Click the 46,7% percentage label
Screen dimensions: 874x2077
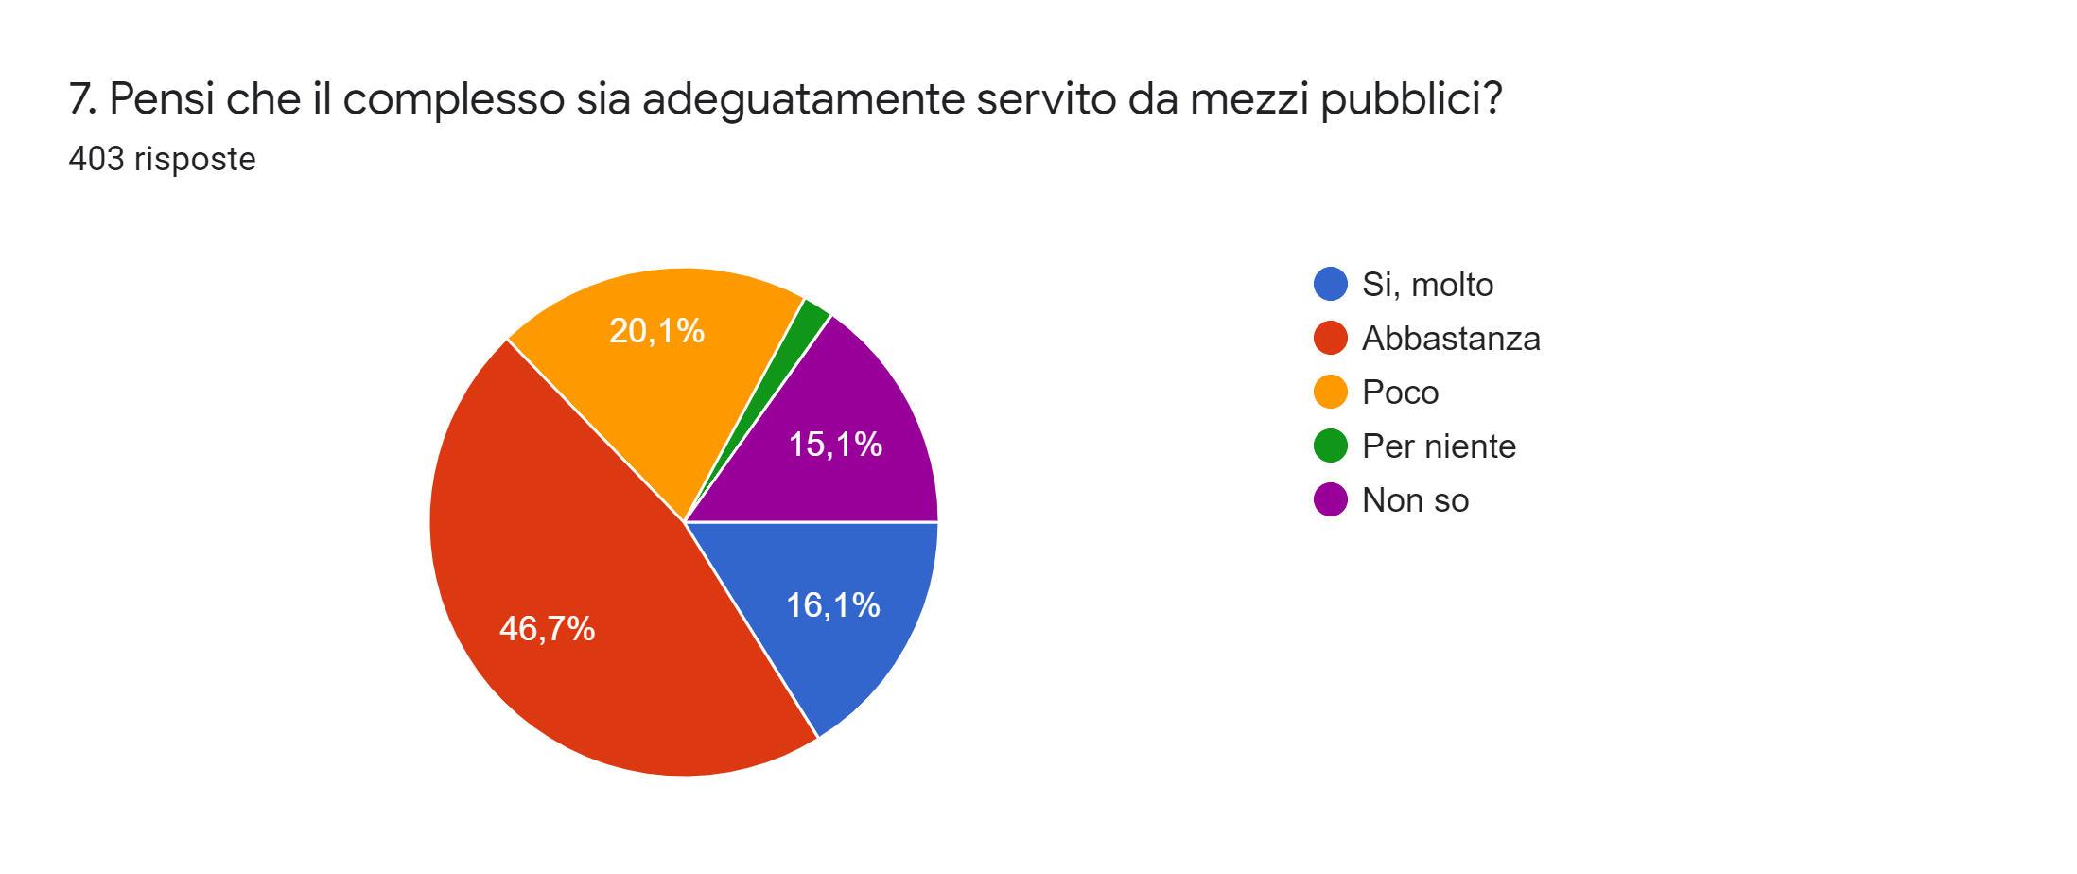(x=547, y=629)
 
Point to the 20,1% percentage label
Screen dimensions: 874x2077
(x=656, y=331)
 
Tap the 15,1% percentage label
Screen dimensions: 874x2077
(x=835, y=445)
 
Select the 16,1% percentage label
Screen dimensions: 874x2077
(x=832, y=605)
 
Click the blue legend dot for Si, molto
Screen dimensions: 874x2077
(x=1330, y=284)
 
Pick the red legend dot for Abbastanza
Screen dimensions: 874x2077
(x=1330, y=338)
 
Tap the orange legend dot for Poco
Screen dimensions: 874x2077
(x=1330, y=392)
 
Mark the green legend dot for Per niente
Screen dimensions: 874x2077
(x=1330, y=446)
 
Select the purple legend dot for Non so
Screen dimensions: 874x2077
(x=1330, y=499)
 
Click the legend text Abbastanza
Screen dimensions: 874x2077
(x=1451, y=339)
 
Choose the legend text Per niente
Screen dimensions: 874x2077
(x=1439, y=446)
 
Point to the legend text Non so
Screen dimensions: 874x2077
(x=1415, y=500)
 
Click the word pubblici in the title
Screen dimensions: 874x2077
(x=1409, y=99)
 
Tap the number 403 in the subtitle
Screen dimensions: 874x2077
(x=96, y=159)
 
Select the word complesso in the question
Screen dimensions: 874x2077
(x=454, y=99)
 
